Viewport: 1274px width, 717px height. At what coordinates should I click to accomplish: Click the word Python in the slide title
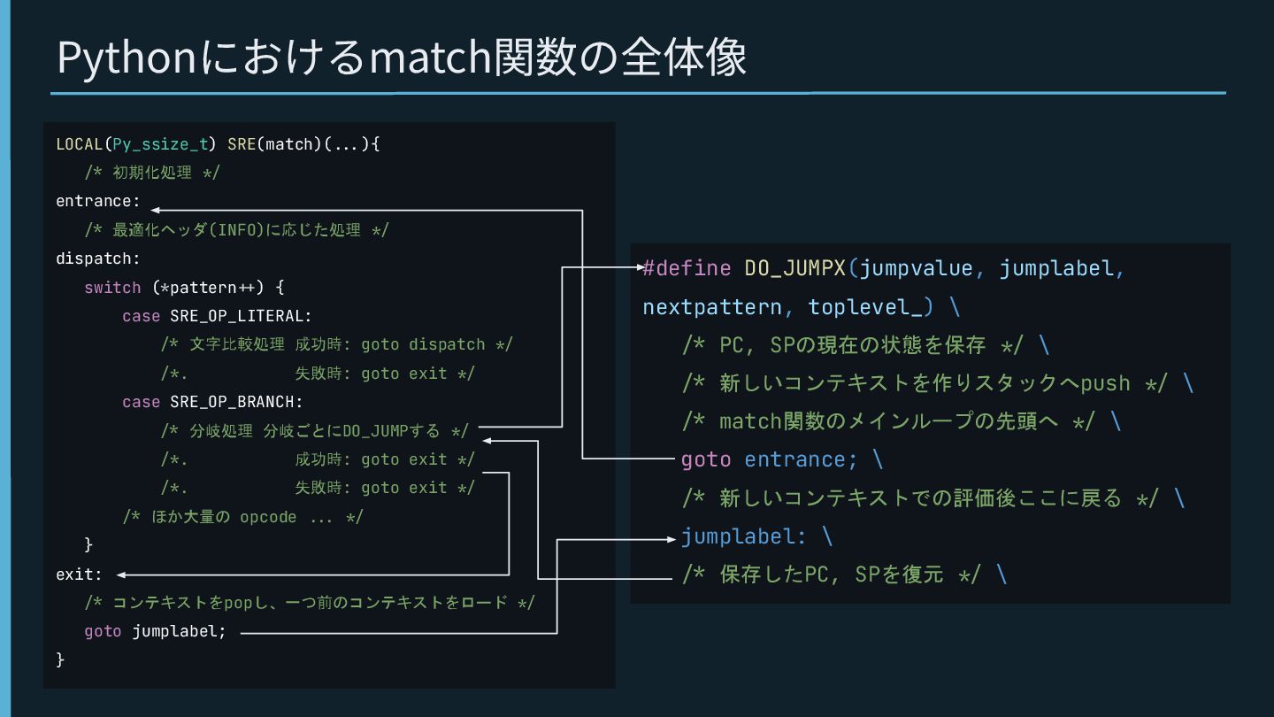126,58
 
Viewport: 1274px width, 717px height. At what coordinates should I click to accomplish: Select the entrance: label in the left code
97,201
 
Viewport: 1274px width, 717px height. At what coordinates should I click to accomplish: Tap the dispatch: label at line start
97,258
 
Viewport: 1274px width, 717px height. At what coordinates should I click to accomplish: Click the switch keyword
112,288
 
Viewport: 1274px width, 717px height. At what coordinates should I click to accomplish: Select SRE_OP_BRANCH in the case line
235,402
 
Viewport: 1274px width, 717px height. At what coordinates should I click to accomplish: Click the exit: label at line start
79,574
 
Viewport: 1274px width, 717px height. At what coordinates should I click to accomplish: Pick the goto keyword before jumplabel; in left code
103,632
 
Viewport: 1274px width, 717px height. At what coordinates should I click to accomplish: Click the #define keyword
687,268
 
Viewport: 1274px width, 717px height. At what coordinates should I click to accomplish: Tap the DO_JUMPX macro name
794,268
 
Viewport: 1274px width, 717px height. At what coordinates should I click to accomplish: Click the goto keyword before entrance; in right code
706,459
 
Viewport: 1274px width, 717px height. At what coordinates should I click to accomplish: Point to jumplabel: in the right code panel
743,536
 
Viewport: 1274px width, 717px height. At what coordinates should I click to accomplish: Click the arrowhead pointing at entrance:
156,211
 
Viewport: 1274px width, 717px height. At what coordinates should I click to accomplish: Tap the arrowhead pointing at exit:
121,574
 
